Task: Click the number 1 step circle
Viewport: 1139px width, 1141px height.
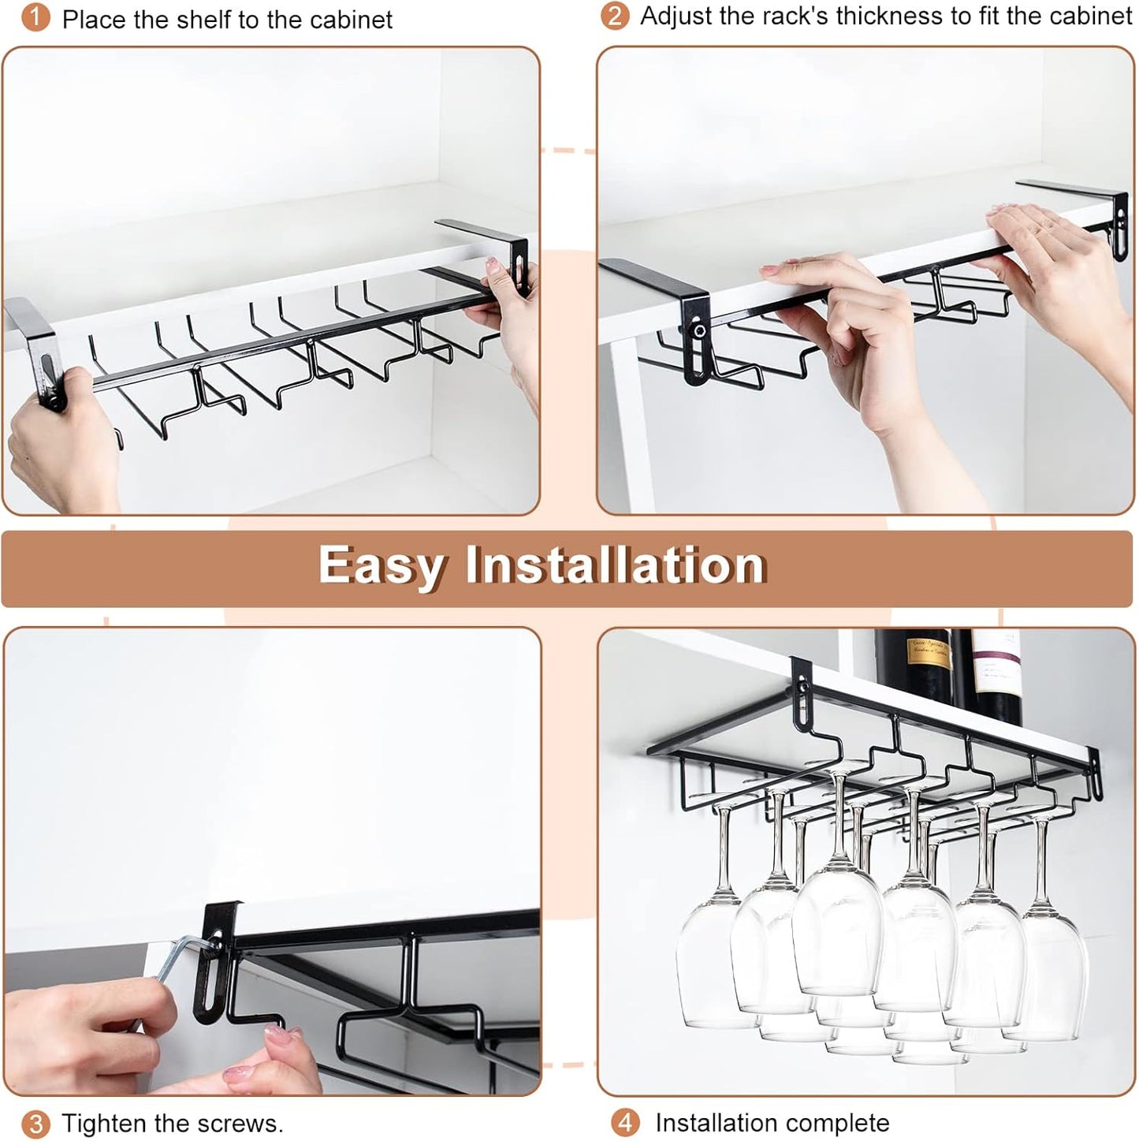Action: tap(35, 17)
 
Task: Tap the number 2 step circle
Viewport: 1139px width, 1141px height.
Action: tap(614, 16)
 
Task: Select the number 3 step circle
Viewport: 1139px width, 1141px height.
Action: tap(35, 1123)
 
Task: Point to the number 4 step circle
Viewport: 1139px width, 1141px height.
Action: tap(626, 1122)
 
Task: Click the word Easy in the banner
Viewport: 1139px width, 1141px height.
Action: tap(382, 566)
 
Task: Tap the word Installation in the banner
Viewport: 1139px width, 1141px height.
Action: tap(615, 565)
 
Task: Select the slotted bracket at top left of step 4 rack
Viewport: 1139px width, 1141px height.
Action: tap(802, 694)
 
